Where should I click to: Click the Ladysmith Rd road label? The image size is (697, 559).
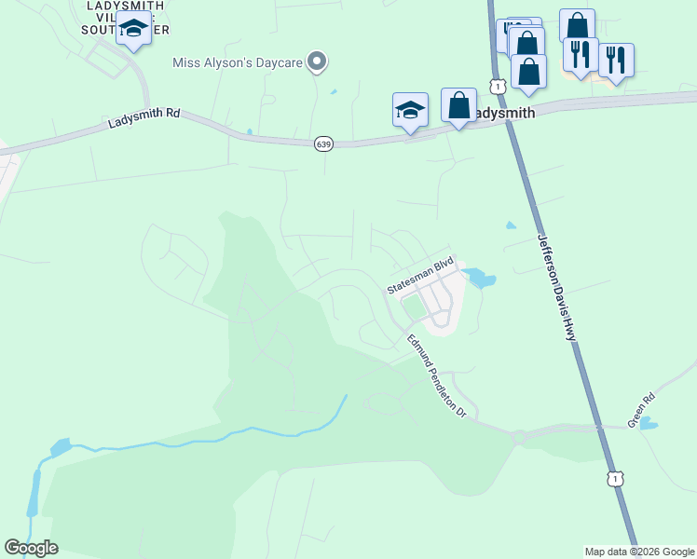click(x=143, y=118)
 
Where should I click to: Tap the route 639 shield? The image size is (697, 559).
click(x=323, y=143)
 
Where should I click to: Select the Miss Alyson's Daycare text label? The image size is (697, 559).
click(x=238, y=62)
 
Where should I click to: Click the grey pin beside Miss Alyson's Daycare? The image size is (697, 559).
click(x=317, y=61)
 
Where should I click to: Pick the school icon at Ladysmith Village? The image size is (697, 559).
click(x=134, y=31)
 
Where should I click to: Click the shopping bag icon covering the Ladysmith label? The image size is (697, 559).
click(x=458, y=105)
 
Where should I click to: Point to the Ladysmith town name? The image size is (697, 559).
click(x=503, y=113)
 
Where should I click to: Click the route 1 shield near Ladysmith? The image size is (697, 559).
click(x=499, y=87)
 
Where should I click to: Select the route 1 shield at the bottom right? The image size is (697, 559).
click(x=614, y=478)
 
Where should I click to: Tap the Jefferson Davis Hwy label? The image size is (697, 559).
click(x=557, y=286)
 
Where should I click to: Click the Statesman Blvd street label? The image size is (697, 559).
click(x=420, y=276)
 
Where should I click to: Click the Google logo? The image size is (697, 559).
click(x=31, y=548)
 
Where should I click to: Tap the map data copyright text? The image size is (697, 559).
click(x=639, y=552)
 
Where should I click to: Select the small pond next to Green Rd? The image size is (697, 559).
click(x=649, y=424)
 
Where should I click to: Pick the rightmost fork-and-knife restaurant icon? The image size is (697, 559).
click(x=615, y=61)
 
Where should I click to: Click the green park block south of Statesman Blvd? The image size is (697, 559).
click(x=412, y=307)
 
